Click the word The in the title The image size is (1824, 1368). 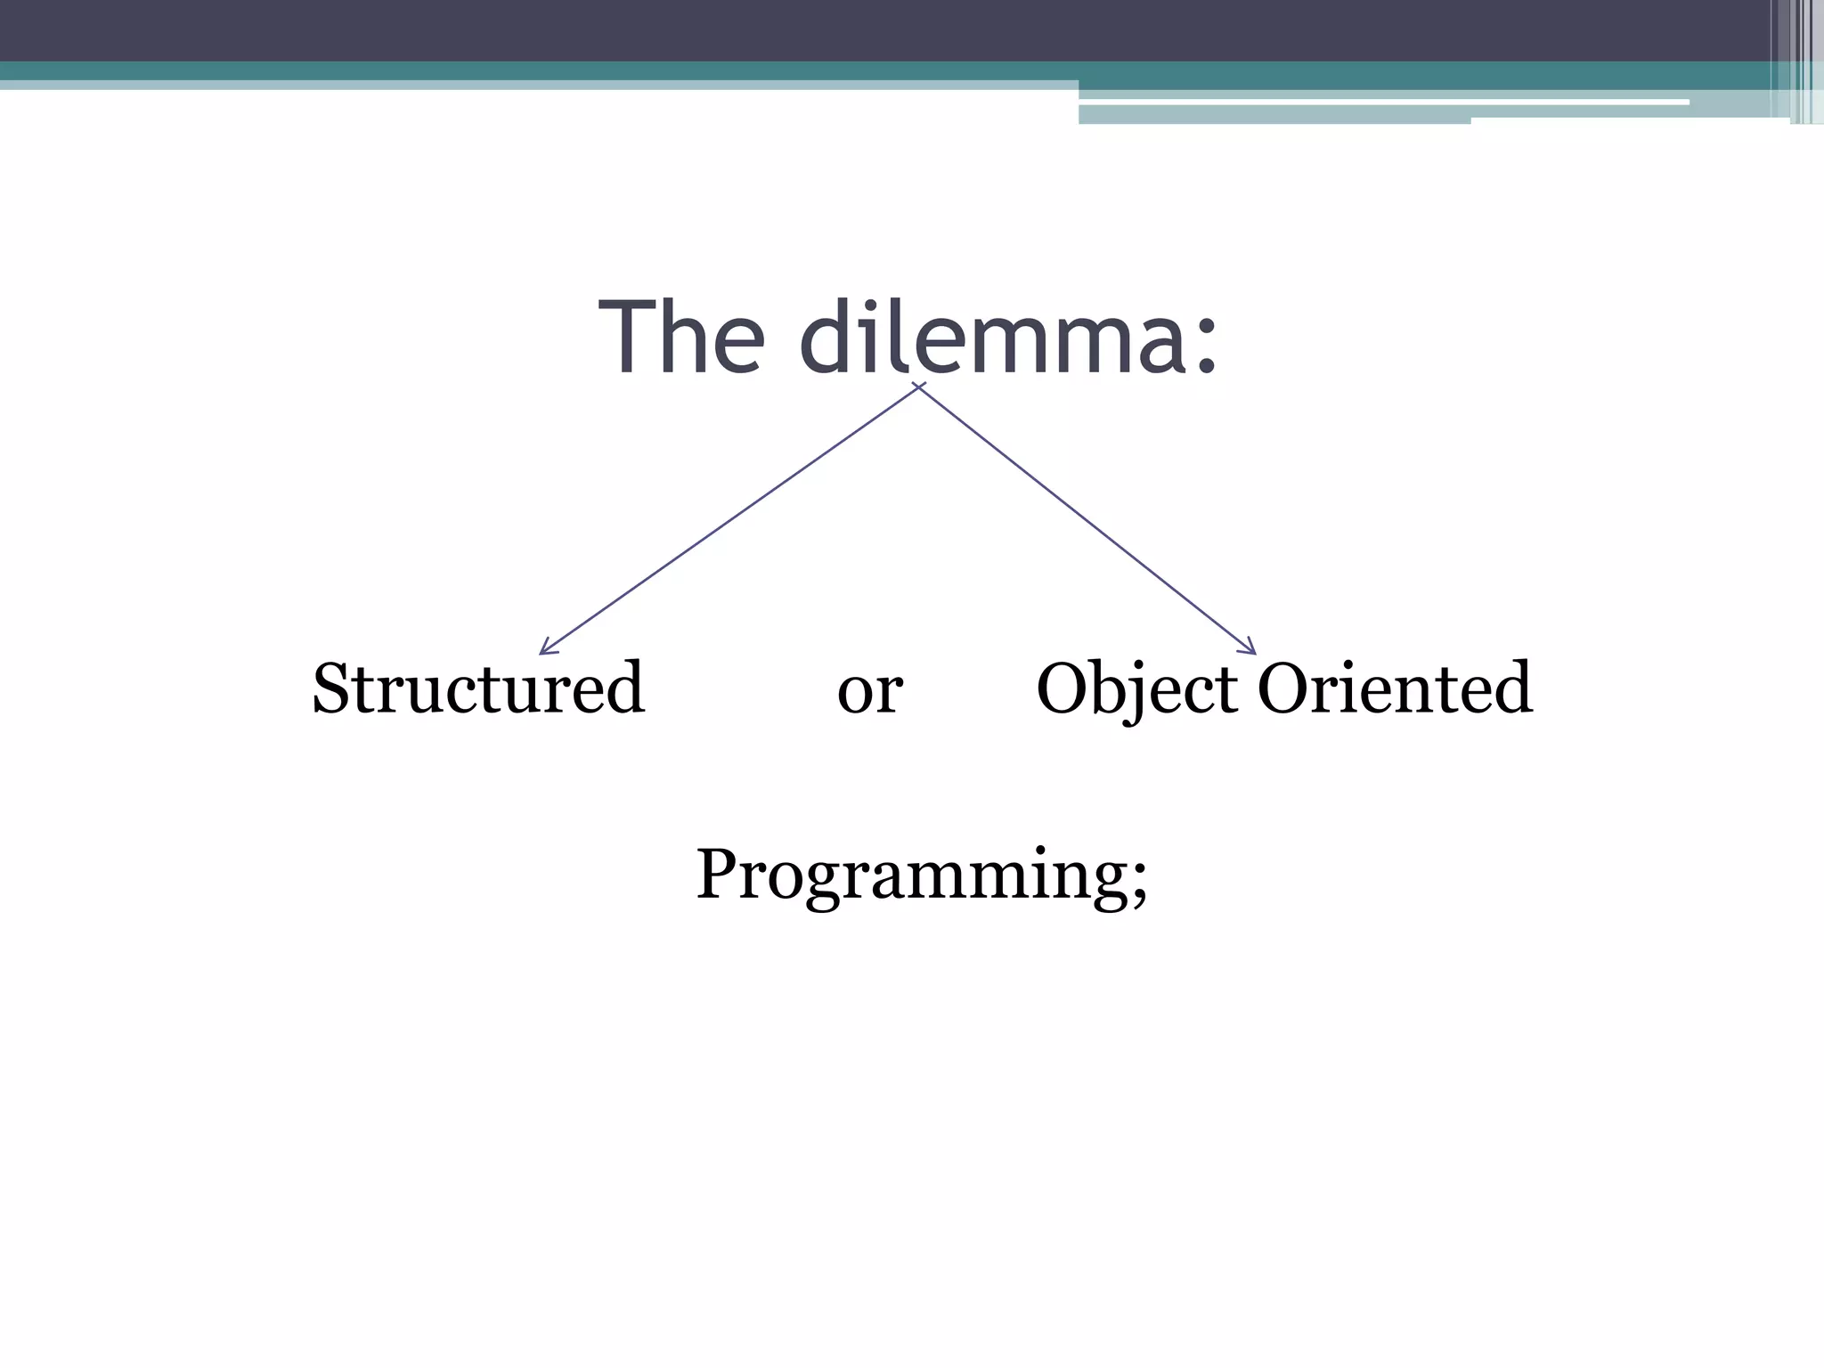(682, 338)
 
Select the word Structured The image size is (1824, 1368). (478, 688)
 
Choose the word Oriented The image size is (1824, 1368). (1395, 688)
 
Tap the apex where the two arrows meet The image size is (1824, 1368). (918, 386)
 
